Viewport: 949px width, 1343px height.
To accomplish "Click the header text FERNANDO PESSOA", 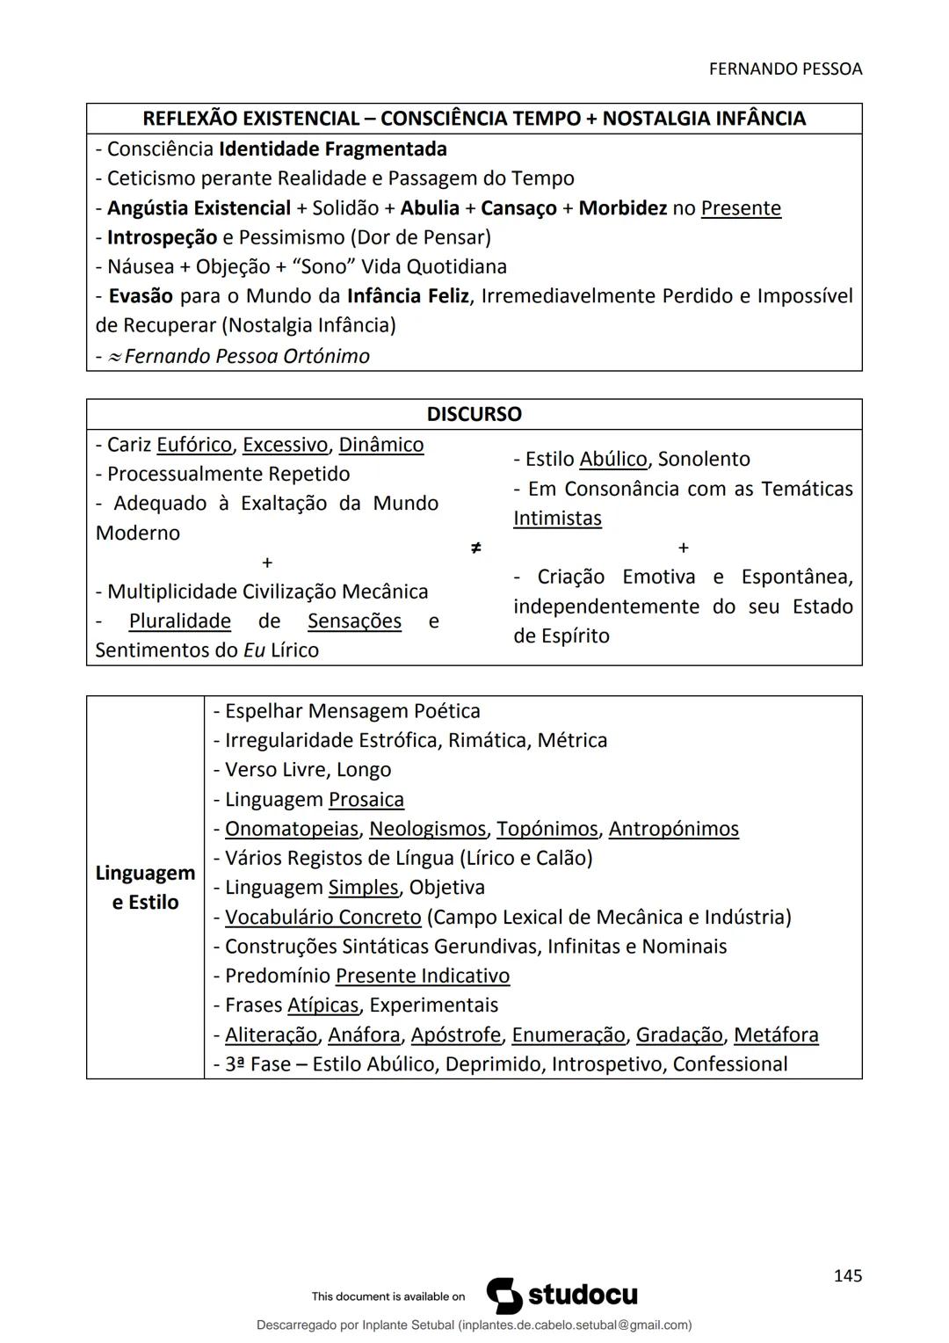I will point(785,69).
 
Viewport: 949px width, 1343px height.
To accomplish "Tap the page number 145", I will point(847,1275).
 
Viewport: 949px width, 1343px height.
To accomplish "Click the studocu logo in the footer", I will point(562,1296).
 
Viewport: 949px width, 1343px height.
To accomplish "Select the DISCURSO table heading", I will point(474,414).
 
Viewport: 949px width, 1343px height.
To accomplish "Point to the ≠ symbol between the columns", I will point(475,548).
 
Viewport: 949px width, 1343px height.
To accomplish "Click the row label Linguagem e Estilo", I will point(145,888).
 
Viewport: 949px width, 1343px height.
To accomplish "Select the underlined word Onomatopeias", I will point(291,829).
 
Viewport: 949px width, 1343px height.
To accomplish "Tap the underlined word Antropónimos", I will point(673,829).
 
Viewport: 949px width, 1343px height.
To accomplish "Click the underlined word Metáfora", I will point(775,1035).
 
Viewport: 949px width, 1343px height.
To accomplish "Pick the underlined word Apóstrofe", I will point(455,1035).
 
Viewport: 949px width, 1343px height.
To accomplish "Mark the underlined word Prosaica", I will point(366,800).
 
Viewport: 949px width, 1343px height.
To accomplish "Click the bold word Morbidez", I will point(622,208).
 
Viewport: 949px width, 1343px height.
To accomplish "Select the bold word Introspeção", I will point(162,237).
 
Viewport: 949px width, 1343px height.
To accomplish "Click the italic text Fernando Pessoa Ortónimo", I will point(247,356).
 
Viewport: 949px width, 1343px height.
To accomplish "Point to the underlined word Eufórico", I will point(193,445).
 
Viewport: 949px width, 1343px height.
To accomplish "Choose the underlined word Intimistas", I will point(557,519).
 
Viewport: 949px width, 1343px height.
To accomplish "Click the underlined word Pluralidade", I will point(179,621).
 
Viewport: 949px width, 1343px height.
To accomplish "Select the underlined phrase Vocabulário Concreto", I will point(322,918).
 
